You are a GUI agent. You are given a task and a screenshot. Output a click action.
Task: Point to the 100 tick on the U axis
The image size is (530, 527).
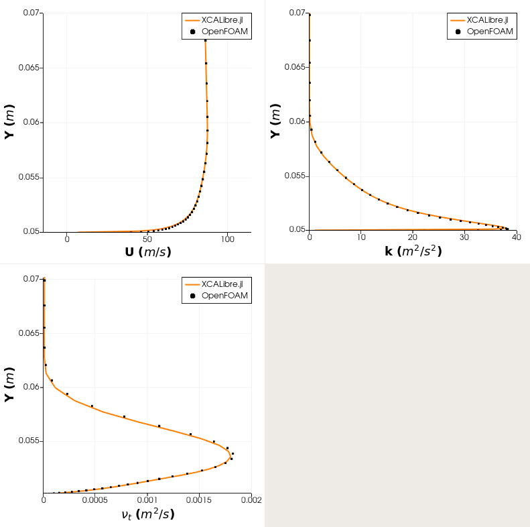228,239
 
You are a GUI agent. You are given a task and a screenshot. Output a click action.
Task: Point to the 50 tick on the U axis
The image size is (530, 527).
147,239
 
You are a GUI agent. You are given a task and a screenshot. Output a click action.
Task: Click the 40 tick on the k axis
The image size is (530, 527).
516,237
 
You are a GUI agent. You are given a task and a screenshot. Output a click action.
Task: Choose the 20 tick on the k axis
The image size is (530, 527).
413,237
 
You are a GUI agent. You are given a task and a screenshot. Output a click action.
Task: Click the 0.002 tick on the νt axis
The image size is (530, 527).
251,500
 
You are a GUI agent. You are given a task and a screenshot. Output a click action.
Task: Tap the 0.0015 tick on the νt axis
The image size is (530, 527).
199,500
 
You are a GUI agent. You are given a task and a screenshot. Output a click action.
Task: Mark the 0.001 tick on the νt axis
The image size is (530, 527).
147,500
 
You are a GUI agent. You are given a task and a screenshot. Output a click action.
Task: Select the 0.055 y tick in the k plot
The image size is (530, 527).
295,176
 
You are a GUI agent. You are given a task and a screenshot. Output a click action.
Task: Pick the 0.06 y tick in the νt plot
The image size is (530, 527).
31,387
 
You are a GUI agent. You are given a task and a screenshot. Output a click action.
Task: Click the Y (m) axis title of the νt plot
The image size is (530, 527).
9,385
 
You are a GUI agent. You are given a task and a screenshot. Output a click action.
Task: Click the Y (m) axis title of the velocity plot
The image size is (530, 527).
9,122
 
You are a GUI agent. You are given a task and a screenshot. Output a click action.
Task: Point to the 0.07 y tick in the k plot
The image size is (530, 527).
297,13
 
